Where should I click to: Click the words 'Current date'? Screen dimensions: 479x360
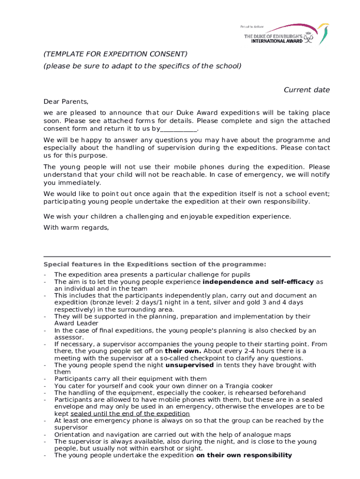coord(307,90)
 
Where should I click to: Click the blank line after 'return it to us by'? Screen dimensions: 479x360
coord(179,129)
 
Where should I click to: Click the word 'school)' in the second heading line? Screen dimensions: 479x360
coord(229,66)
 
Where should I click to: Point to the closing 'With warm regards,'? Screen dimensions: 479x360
coord(76,228)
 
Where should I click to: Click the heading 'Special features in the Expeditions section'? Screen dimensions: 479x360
coord(154,264)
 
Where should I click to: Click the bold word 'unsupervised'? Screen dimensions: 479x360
coord(189,365)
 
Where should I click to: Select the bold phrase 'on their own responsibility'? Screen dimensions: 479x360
coord(244,455)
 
